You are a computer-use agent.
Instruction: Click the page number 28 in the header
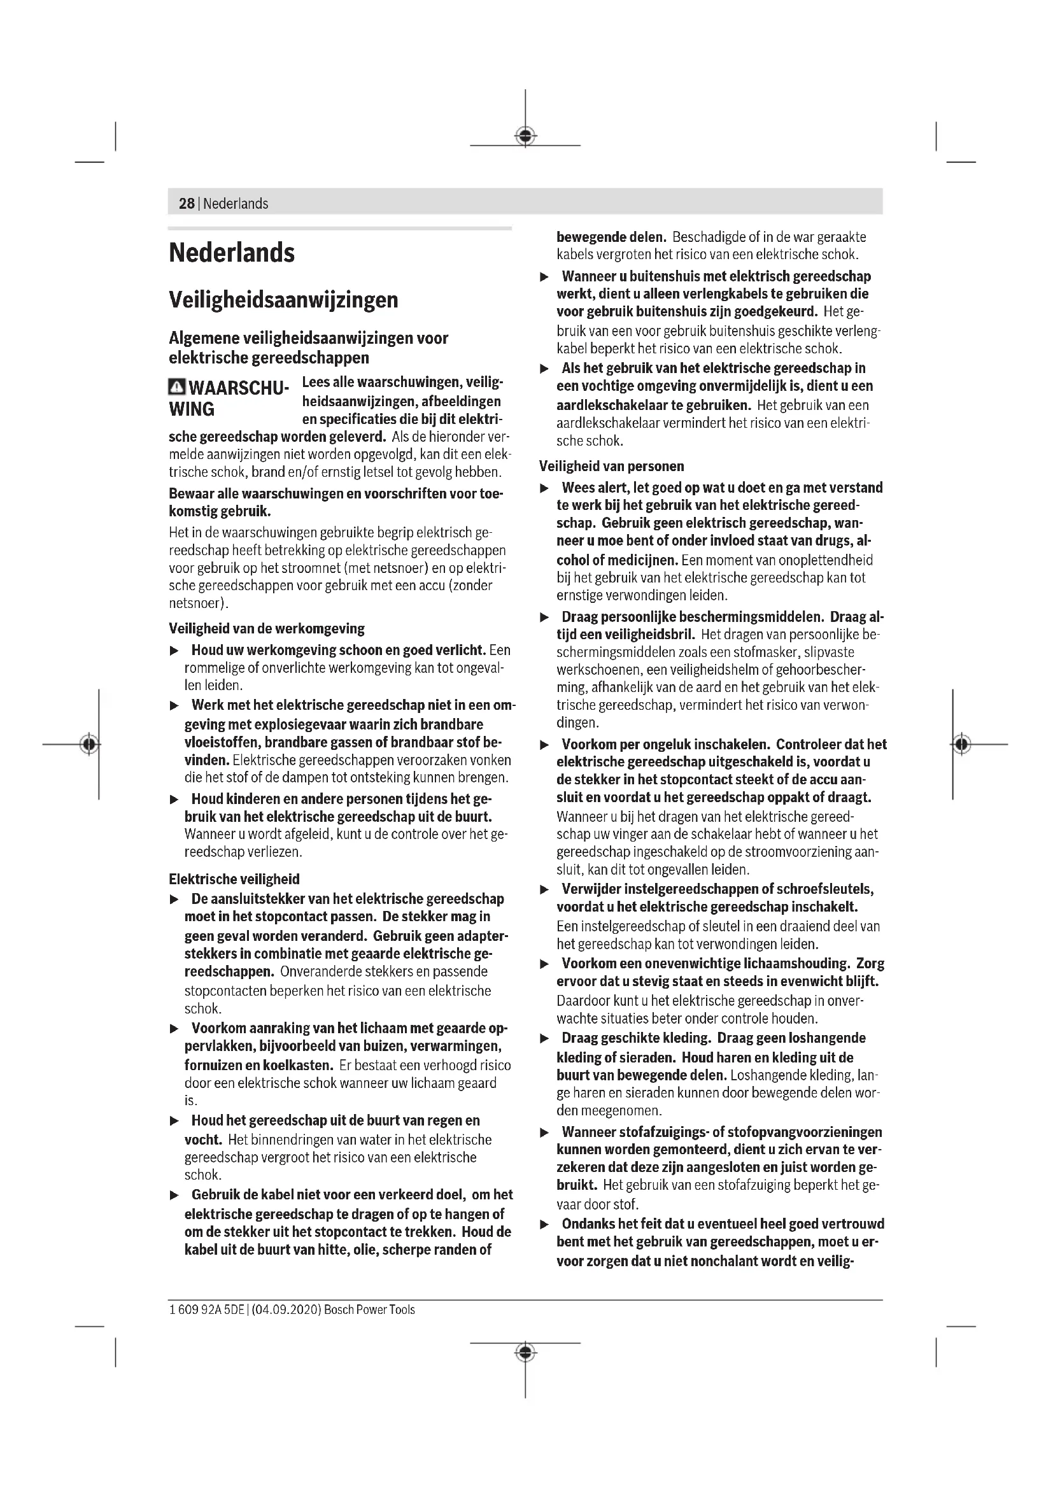click(x=186, y=204)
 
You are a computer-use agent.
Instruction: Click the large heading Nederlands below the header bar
click(x=232, y=253)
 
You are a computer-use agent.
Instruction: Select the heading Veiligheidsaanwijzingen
click(x=283, y=300)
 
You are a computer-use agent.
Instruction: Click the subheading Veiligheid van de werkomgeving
click(x=267, y=628)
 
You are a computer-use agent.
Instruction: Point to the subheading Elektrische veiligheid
click(x=234, y=879)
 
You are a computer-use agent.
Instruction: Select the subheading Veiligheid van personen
click(x=611, y=466)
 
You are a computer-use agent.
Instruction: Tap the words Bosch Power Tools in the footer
click(x=370, y=1309)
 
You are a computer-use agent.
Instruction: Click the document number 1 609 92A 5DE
click(x=207, y=1309)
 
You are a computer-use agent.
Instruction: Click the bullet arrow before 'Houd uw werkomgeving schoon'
click(x=174, y=651)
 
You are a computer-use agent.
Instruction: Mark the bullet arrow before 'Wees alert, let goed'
click(x=545, y=488)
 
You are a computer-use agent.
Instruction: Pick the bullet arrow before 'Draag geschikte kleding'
click(x=545, y=1039)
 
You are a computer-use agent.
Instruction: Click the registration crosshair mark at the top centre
click(x=525, y=136)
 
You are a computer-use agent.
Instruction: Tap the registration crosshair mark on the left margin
click(x=90, y=744)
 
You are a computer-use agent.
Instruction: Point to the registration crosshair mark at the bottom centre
click(x=525, y=1352)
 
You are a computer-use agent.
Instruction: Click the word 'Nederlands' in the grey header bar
click(x=236, y=204)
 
